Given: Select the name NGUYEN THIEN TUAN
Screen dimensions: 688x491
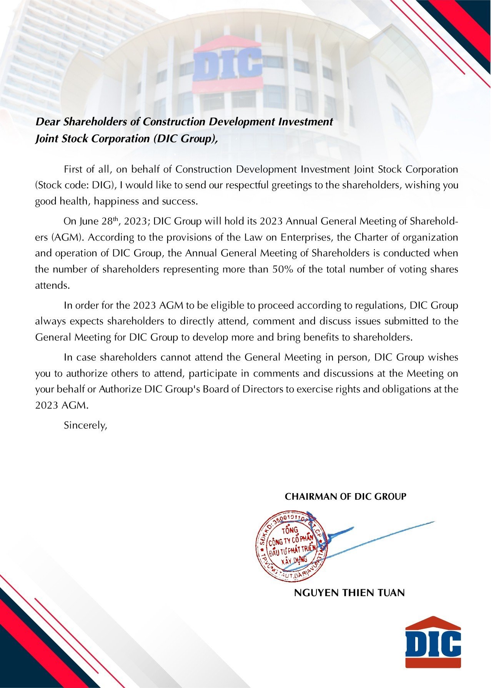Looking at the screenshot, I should pos(349,593).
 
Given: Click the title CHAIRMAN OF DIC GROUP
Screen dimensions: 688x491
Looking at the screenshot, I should pos(345,497).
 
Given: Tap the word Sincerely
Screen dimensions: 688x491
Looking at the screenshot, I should pos(85,425).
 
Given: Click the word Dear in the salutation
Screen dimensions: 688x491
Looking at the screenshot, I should pos(48,122).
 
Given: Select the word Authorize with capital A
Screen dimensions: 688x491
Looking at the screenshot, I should pos(120,389).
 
